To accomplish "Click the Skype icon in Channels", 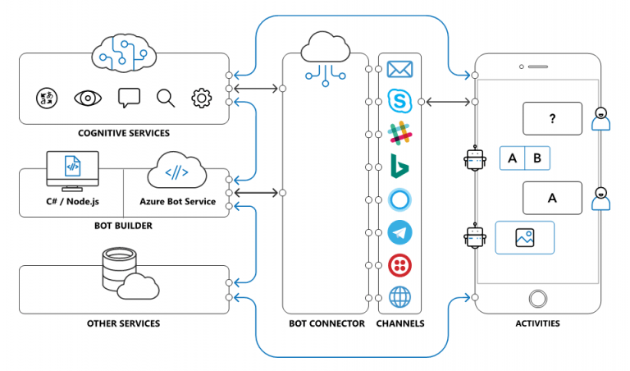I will [x=399, y=101].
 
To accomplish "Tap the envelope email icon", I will [x=399, y=70].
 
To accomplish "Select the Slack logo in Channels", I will [x=399, y=133].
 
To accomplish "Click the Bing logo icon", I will [x=399, y=166].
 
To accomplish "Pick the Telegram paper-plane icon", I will [x=399, y=232].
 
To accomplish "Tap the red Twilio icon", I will [x=399, y=265].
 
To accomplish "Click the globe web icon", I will [x=399, y=297].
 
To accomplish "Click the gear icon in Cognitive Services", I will [x=201, y=98].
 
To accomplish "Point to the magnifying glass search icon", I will [x=166, y=98].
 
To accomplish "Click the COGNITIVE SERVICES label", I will [x=124, y=133].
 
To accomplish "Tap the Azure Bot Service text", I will [x=177, y=202].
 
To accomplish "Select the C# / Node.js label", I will [x=72, y=202].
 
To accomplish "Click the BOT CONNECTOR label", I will [x=326, y=323].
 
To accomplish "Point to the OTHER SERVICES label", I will [x=124, y=323].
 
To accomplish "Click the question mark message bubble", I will [x=552, y=118].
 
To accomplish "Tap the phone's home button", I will [x=537, y=298].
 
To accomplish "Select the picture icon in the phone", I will [x=525, y=237].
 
